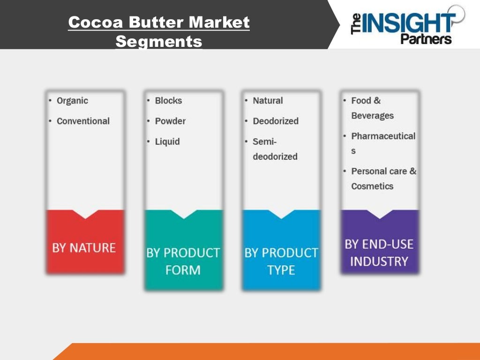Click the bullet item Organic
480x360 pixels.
coord(72,101)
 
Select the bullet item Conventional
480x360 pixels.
coord(83,121)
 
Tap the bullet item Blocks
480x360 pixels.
coord(168,101)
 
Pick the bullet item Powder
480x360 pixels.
coord(170,121)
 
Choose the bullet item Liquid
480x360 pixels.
coord(167,142)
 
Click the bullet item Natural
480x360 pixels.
coord(268,101)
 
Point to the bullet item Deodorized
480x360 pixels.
coord(275,121)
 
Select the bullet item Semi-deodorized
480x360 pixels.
coord(275,149)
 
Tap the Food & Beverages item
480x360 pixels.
coord(372,108)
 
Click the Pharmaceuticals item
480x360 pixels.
coord(382,142)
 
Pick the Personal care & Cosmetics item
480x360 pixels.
coord(383,179)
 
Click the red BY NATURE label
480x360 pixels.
coord(84,247)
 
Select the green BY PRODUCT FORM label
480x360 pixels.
coord(183,261)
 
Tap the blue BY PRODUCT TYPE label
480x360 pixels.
coord(281,261)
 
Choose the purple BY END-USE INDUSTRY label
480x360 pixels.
coord(379,253)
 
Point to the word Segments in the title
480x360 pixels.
coord(159,41)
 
